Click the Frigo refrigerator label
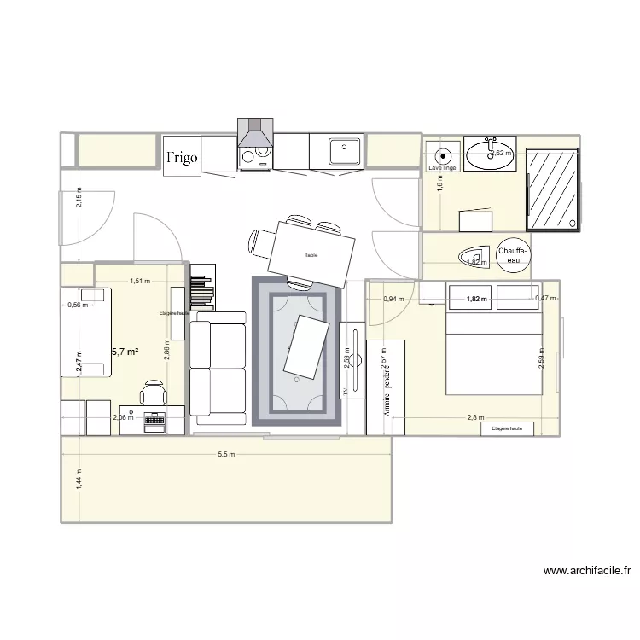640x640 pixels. tap(183, 157)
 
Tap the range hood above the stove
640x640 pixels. tap(254, 133)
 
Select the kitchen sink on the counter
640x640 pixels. tap(345, 151)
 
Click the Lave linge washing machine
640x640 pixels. tap(442, 157)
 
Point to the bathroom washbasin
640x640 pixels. tap(491, 154)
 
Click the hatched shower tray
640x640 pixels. tap(553, 189)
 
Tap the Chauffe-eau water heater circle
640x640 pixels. tap(512, 253)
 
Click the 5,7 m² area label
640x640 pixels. tap(125, 351)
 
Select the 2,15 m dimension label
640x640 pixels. tap(78, 202)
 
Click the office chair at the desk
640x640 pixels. tap(154, 393)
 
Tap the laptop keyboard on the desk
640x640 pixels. tap(155, 420)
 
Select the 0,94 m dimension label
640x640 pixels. tap(393, 299)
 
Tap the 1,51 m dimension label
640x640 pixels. tap(140, 281)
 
